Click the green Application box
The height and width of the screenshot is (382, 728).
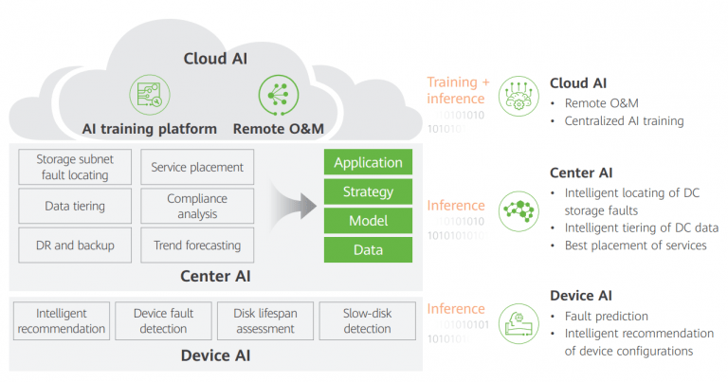point(368,162)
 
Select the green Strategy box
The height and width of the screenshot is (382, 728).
point(368,191)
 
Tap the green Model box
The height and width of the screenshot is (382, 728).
point(368,221)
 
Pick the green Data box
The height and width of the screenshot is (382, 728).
point(368,250)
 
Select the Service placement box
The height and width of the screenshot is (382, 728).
point(197,167)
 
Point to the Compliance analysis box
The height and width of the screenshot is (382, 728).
point(197,206)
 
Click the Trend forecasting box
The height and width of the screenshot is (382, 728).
point(197,246)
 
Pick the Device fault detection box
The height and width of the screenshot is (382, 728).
point(164,321)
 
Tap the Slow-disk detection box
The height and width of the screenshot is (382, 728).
point(367,321)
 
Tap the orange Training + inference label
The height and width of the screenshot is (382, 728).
point(459,90)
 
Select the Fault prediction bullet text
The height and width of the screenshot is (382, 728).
point(607,316)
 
